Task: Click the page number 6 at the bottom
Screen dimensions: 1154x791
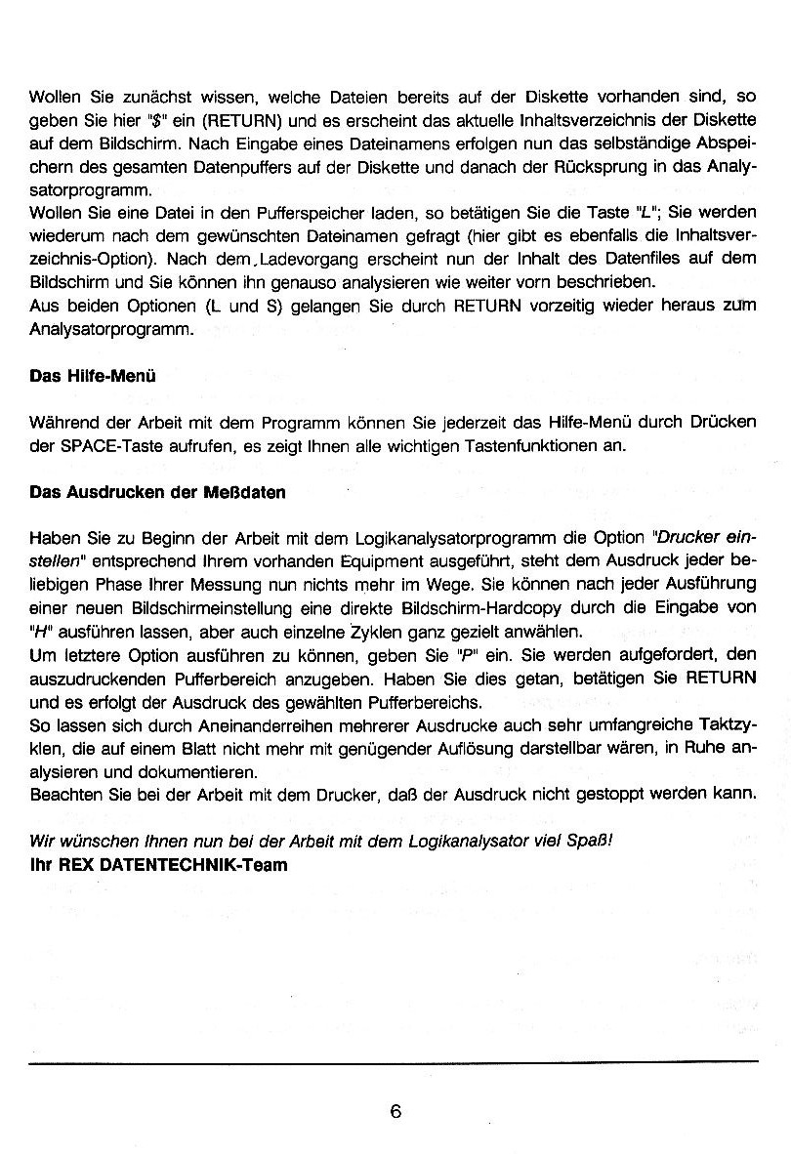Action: (x=395, y=1111)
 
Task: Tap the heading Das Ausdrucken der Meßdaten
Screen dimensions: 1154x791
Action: (x=158, y=492)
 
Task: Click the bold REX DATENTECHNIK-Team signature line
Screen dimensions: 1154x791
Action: (x=159, y=865)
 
